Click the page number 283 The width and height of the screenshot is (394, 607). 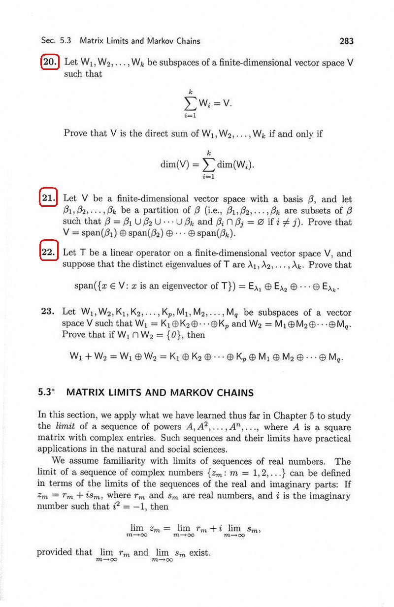(346, 41)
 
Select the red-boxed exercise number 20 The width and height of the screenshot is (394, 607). (50, 63)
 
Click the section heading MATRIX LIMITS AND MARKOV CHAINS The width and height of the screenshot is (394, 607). (160, 393)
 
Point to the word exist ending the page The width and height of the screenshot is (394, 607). (200, 552)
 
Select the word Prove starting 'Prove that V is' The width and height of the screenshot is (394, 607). (75, 133)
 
